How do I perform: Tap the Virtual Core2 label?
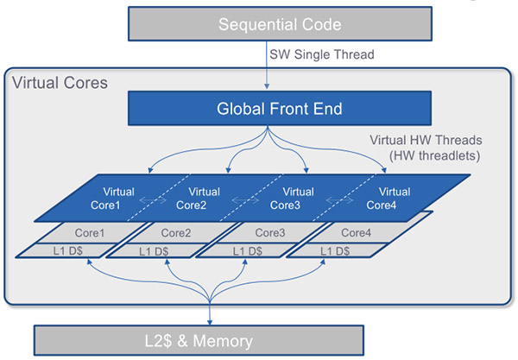coord(202,198)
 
